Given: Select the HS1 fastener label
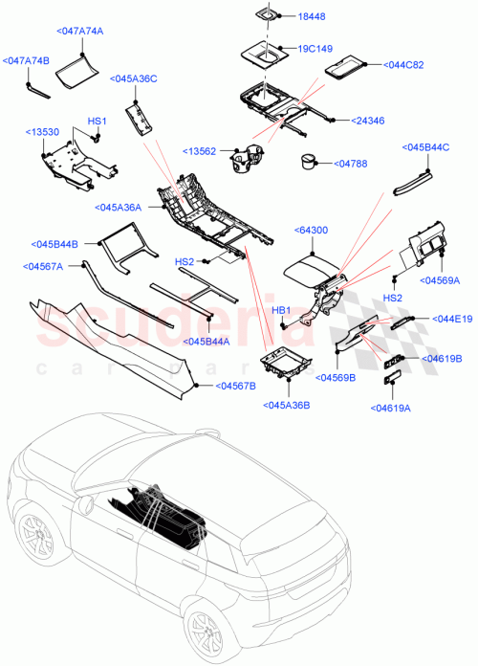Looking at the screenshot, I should [x=98, y=122].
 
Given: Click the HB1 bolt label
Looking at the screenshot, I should [x=282, y=310].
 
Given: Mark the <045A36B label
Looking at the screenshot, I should [x=285, y=405].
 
